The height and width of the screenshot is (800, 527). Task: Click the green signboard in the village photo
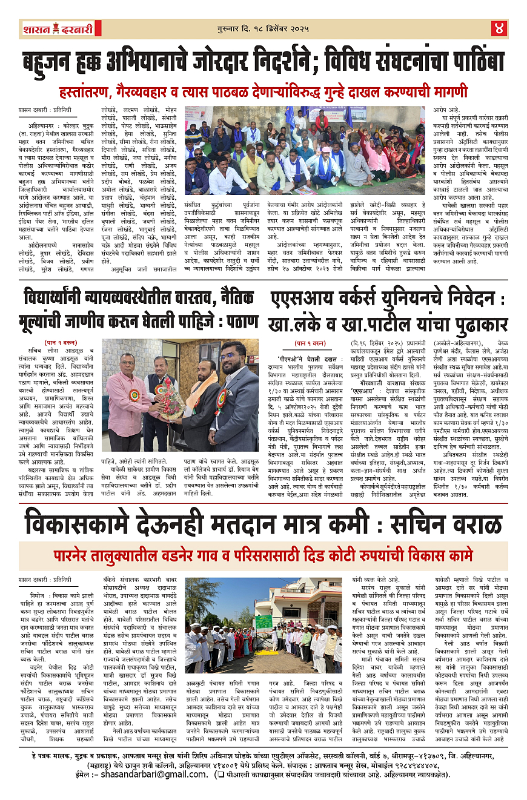coord(263,621)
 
